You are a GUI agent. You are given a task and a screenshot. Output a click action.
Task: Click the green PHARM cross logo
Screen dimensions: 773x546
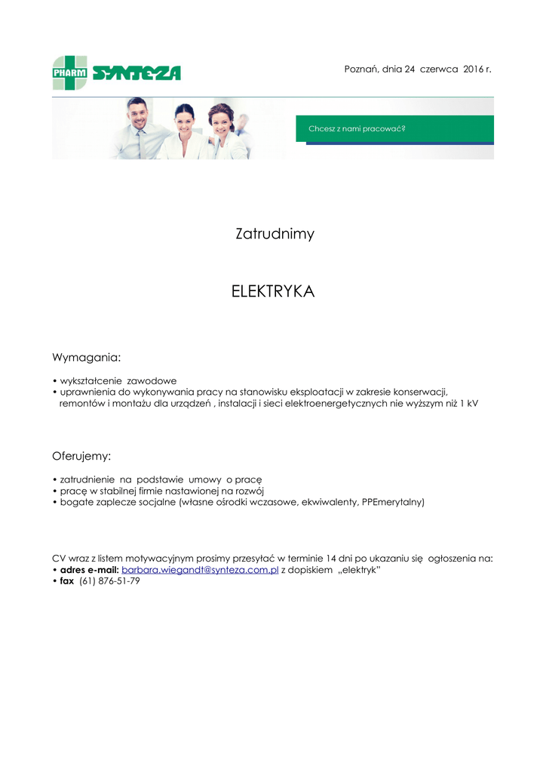pos(69,72)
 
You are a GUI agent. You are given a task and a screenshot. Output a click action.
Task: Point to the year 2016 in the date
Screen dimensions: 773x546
pos(473,69)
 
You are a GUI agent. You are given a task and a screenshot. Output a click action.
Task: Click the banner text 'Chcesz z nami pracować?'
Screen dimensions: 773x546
pos(357,129)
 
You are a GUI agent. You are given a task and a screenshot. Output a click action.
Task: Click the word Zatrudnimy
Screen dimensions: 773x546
pos(275,234)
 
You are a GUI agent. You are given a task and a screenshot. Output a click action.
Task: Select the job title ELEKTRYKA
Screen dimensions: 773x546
pos(273,291)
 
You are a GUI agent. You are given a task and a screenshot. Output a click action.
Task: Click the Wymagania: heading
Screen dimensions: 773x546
pos(86,356)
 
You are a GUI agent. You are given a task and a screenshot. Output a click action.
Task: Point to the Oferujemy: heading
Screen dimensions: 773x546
pos(81,456)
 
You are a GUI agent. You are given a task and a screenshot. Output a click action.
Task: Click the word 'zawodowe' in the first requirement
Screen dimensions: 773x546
pos(152,380)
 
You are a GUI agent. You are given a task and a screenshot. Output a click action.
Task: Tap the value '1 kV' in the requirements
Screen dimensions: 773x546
pos(468,403)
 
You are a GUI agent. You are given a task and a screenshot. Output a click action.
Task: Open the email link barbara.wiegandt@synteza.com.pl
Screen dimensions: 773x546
pos(200,570)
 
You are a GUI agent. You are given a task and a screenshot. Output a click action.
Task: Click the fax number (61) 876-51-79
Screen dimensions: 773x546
pos(109,581)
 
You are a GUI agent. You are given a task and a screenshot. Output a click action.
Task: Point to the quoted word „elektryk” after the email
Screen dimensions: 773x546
pos(357,570)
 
